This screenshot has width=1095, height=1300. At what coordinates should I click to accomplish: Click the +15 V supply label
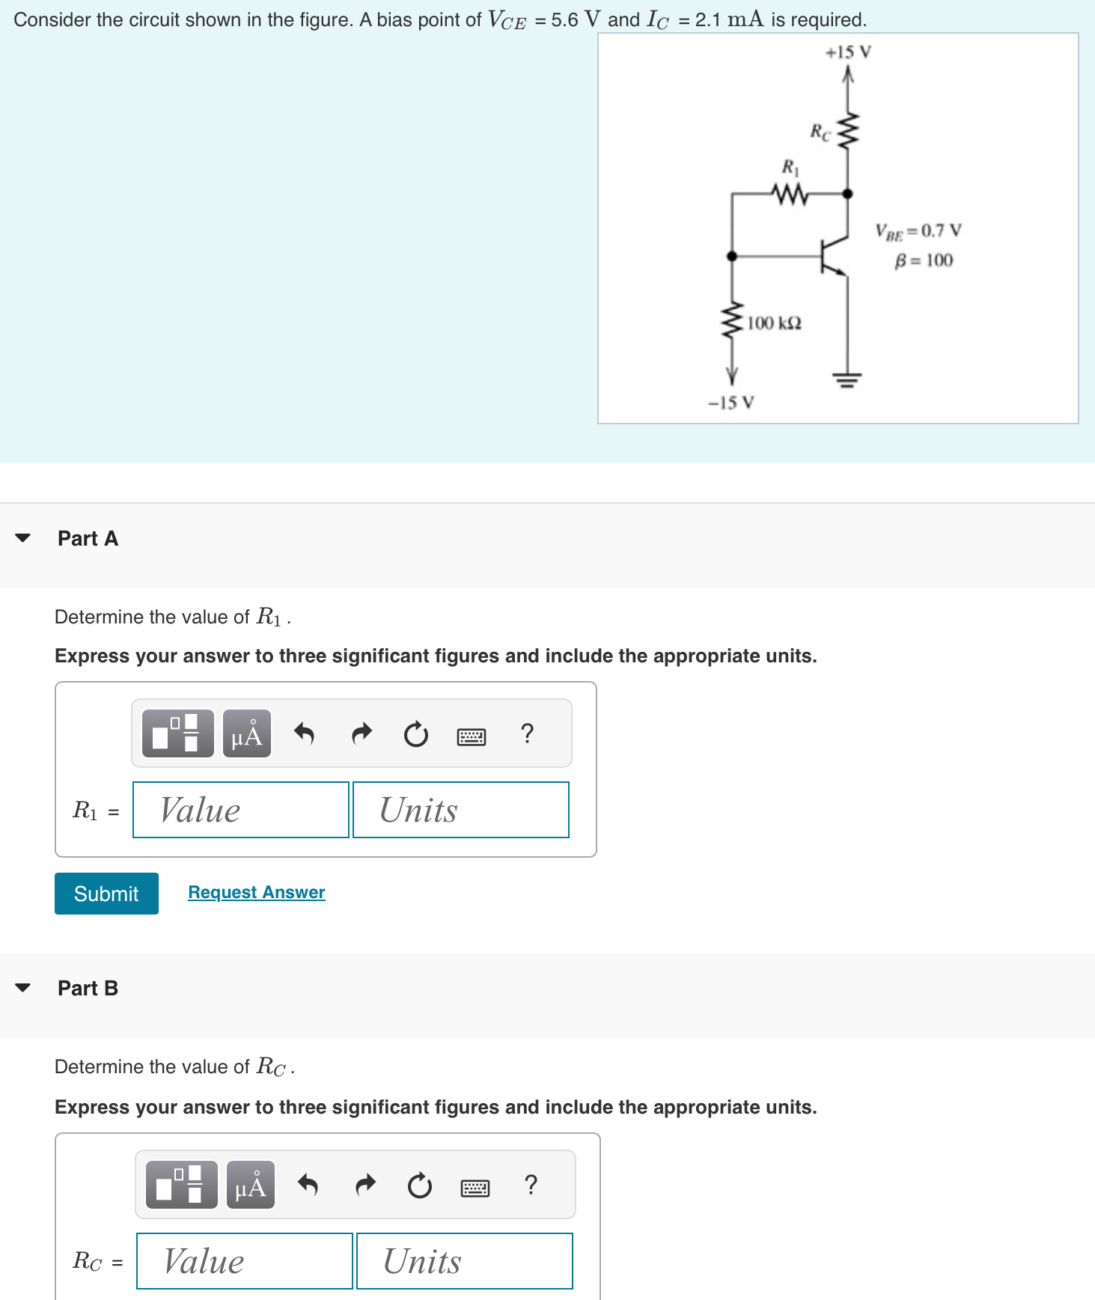pyautogui.click(x=848, y=52)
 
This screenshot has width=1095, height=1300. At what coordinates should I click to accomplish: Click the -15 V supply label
pyautogui.click(x=731, y=403)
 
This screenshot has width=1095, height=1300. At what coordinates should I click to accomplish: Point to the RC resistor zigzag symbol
pyautogui.click(x=848, y=132)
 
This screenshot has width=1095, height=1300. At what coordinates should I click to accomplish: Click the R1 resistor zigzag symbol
pyautogui.click(x=790, y=194)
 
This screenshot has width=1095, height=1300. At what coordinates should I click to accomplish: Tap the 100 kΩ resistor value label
pyautogui.click(x=774, y=323)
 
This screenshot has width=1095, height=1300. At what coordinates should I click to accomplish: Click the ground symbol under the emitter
pyautogui.click(x=847, y=380)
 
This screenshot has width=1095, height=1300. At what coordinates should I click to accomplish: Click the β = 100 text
pyautogui.click(x=924, y=260)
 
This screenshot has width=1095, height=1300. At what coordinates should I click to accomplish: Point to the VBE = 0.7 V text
pyautogui.click(x=918, y=231)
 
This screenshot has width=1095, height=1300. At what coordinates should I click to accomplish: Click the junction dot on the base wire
pyautogui.click(x=732, y=256)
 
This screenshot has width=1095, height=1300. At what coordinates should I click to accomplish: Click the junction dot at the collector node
pyautogui.click(x=847, y=194)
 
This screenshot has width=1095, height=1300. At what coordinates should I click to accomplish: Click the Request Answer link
pyautogui.click(x=256, y=892)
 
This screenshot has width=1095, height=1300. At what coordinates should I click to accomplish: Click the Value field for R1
pyautogui.click(x=240, y=810)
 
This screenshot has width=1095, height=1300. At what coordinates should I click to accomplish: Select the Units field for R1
pyautogui.click(x=460, y=810)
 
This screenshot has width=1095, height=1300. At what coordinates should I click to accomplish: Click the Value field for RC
pyautogui.click(x=244, y=1261)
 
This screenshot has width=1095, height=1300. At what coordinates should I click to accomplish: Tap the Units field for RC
pyautogui.click(x=464, y=1261)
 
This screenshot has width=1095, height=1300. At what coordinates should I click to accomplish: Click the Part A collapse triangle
pyautogui.click(x=23, y=538)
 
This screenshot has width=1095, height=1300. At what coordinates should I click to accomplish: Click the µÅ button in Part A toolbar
pyautogui.click(x=247, y=734)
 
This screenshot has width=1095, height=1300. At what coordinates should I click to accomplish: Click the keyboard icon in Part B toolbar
pyautogui.click(x=475, y=1187)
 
